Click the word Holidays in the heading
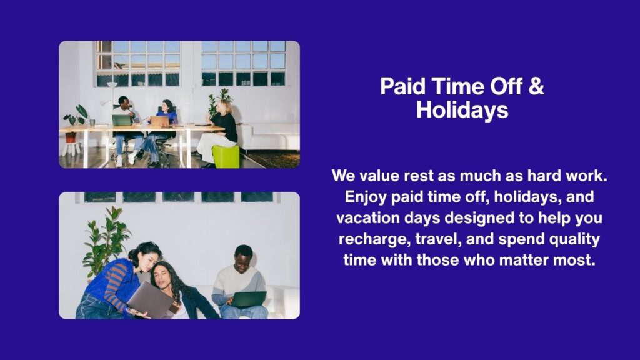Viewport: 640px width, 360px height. [462, 109]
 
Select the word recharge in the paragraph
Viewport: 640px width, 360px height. [374, 239]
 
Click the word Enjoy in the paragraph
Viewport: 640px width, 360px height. [365, 197]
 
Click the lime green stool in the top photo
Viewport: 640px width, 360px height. [226, 156]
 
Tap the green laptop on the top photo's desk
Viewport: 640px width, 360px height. [122, 121]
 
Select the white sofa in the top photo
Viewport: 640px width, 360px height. [269, 137]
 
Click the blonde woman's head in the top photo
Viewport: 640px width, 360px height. [225, 106]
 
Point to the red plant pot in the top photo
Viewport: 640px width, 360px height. [71, 137]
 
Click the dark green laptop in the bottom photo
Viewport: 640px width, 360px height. [247, 299]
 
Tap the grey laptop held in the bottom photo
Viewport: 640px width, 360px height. [150, 300]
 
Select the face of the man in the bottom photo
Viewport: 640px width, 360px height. [242, 262]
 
